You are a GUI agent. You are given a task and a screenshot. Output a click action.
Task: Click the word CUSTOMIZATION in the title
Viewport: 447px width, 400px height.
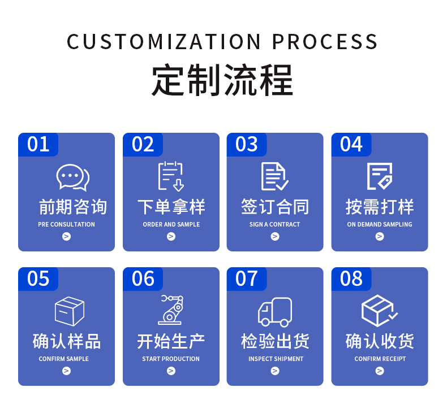(x=164, y=42)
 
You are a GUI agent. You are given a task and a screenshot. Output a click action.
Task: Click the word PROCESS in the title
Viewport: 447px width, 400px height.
(x=325, y=42)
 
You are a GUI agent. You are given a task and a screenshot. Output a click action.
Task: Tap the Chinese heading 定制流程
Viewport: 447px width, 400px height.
(x=222, y=80)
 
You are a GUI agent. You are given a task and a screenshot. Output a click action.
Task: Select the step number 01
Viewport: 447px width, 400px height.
(x=38, y=144)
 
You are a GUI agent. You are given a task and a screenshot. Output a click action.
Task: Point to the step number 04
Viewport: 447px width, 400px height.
(x=351, y=144)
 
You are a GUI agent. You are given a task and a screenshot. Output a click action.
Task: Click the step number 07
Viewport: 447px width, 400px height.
(x=246, y=279)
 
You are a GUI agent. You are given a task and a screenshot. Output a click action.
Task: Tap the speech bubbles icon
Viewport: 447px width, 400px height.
(x=73, y=177)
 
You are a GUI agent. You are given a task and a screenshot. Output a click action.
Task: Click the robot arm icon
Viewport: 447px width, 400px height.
(x=171, y=310)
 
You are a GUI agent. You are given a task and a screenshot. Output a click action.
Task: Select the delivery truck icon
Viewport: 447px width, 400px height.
(x=275, y=312)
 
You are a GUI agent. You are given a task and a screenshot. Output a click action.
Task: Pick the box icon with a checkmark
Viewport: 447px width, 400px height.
(x=379, y=311)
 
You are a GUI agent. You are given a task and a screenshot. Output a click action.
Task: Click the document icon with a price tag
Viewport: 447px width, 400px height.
(x=380, y=176)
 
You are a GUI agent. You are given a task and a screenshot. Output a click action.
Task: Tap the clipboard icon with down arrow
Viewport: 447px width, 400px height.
(x=171, y=176)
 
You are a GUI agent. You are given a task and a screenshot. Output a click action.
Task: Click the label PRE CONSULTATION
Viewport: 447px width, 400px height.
(x=66, y=224)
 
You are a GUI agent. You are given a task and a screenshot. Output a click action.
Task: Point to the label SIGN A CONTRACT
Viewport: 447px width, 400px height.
(x=275, y=224)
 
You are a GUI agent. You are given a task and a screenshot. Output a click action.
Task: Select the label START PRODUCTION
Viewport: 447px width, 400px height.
(x=171, y=359)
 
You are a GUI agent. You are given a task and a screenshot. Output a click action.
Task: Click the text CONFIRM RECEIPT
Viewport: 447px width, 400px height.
(x=380, y=359)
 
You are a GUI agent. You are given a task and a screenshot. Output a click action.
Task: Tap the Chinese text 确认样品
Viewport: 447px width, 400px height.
(x=66, y=341)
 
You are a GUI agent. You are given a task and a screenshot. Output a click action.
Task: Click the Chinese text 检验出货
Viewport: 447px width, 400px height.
(x=275, y=341)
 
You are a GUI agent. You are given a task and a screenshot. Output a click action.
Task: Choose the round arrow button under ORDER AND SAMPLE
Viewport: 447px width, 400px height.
(x=171, y=236)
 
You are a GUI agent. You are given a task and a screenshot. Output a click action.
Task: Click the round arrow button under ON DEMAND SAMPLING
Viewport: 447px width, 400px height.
(x=380, y=236)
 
